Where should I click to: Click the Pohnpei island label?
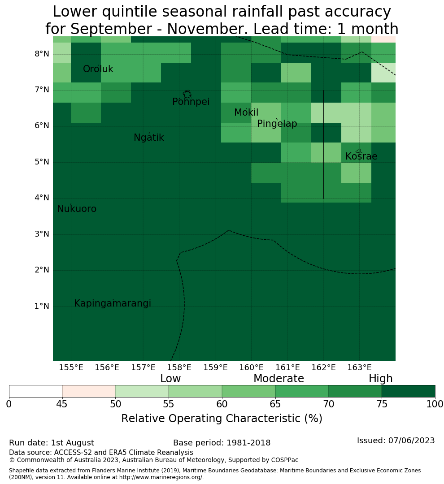click(191, 102)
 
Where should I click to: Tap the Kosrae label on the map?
click(361, 156)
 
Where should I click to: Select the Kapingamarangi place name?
click(113, 303)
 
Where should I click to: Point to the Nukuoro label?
click(77, 209)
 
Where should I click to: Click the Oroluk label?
click(98, 69)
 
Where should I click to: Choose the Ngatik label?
click(149, 138)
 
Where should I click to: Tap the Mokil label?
click(246, 112)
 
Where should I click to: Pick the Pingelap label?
click(277, 124)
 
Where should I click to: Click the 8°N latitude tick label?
click(42, 54)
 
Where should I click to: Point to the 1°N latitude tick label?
click(42, 306)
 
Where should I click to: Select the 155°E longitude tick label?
click(71, 367)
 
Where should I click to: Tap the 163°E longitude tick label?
click(359, 367)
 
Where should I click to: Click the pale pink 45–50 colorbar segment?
click(89, 391)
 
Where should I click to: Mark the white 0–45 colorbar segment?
click(35, 391)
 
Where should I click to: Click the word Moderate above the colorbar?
click(279, 379)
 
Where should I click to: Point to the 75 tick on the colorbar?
click(382, 404)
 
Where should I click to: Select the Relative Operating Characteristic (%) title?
click(222, 419)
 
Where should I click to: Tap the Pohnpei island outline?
click(187, 94)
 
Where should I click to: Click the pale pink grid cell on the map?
click(383, 39)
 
